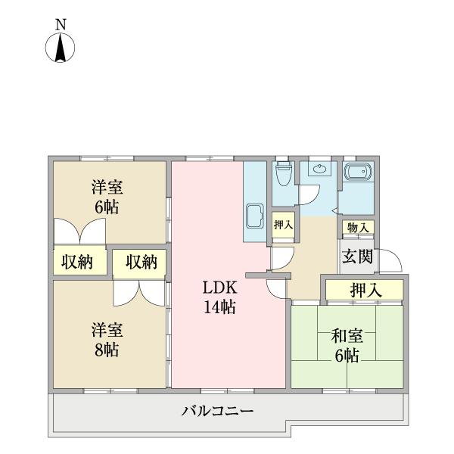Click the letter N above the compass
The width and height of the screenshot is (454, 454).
point(61,24)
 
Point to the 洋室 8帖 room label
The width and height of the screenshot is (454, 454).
point(107,340)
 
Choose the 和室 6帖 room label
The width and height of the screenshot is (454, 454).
point(345,346)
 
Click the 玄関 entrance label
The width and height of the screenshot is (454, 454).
point(356,256)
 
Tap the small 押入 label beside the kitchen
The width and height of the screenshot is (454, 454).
point(283,225)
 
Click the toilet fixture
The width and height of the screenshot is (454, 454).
point(284,176)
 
